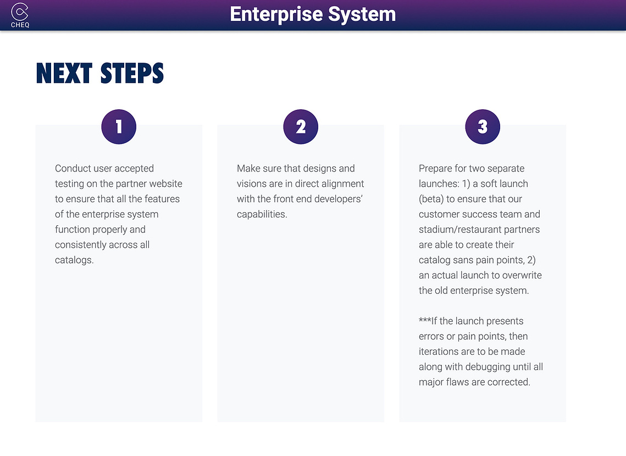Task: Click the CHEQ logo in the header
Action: tap(20, 15)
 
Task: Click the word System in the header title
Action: tap(362, 14)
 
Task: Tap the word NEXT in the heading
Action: tap(64, 74)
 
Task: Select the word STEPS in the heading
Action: tap(132, 74)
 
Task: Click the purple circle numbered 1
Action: tap(119, 127)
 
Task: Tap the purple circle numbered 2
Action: tap(301, 127)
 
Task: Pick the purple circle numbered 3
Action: tap(482, 127)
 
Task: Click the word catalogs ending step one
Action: tap(74, 260)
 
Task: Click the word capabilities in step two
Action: tap(262, 214)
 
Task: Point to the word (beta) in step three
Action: tap(431, 199)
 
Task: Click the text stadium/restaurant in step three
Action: tap(453, 230)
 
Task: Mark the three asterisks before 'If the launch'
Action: tap(425, 320)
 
